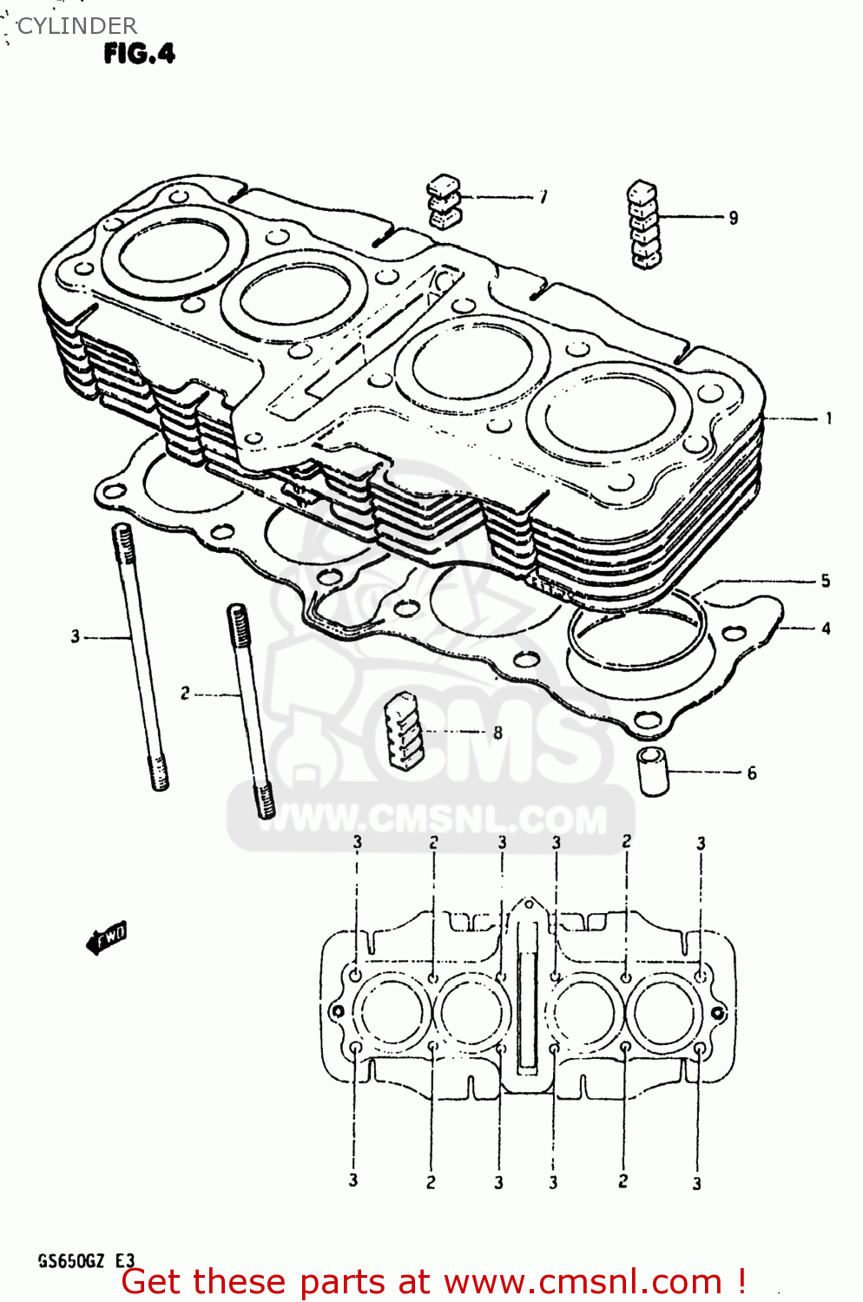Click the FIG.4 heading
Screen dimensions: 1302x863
139,54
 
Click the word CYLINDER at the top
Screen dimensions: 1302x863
76,26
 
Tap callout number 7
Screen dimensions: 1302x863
543,197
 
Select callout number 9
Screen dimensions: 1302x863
734,218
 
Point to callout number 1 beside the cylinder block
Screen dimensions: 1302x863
829,418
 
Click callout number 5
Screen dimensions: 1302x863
826,581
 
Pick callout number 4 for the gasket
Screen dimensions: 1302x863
826,628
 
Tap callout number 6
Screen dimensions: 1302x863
752,773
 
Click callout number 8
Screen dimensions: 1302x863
497,733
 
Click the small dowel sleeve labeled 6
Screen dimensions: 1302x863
654,770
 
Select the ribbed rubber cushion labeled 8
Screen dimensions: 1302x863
404,731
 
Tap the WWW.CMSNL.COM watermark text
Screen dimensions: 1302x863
431,819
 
